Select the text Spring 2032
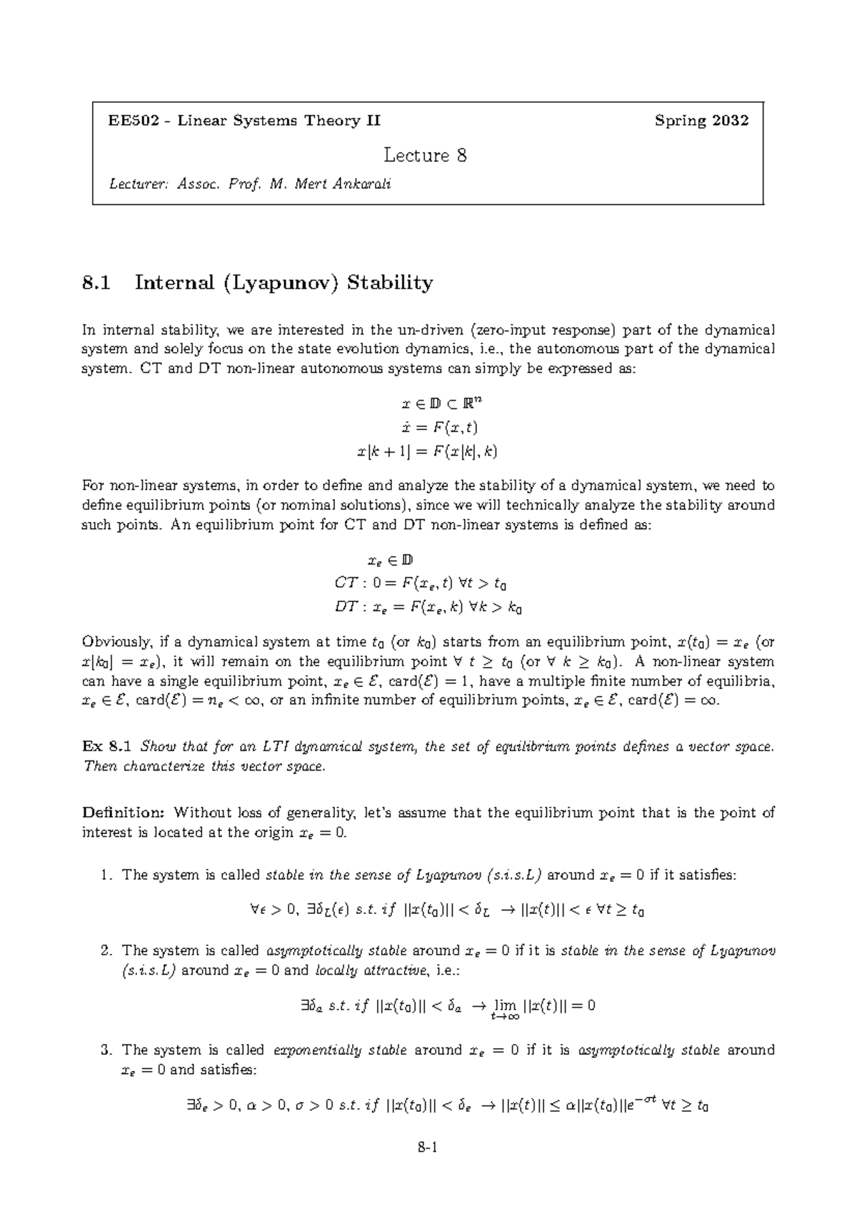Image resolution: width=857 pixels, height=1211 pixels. (701, 121)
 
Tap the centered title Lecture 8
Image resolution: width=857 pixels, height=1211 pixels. (426, 155)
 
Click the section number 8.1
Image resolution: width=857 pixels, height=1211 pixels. (96, 283)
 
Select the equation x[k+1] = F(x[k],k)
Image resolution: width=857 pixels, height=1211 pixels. (427, 452)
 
